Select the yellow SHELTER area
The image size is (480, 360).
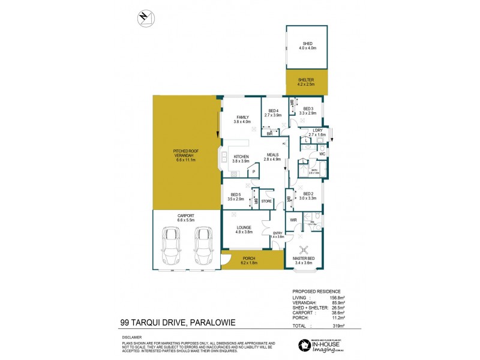(x=307, y=82)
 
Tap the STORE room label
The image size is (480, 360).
(x=266, y=201)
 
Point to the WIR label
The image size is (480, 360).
(x=293, y=221)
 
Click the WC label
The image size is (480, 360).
(x=322, y=154)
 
